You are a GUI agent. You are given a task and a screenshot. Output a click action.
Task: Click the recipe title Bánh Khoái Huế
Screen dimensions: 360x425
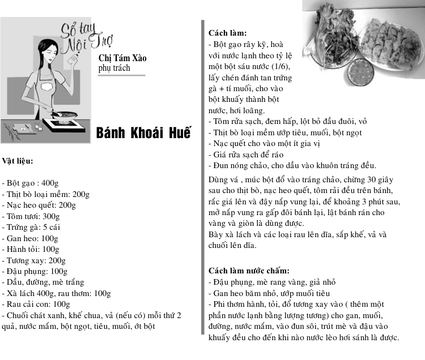tap(144, 133)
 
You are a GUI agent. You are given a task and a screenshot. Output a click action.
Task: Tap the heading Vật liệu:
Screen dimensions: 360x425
tap(18, 161)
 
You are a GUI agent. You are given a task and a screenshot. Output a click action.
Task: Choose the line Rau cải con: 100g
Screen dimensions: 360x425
tap(36, 304)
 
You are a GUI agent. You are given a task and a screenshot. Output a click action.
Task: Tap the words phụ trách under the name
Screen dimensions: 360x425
tap(114, 68)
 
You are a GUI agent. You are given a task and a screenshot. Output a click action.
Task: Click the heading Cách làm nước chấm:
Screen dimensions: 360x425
tap(249, 271)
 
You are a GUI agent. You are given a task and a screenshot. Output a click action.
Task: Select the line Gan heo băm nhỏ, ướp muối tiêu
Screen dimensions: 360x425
tap(269, 293)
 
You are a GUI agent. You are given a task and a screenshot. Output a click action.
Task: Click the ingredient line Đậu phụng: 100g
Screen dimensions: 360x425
tap(35, 271)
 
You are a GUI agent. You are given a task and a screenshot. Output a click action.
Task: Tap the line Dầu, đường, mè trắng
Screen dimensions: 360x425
tap(43, 282)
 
